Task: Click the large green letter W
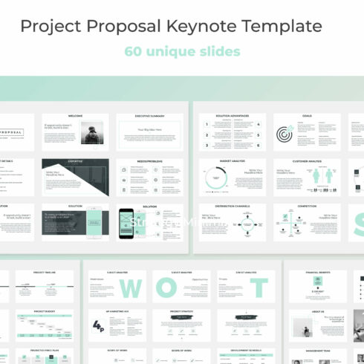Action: (x=131, y=287)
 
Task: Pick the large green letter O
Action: (x=195, y=287)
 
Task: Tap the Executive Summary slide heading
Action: (x=149, y=116)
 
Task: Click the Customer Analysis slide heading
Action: (x=306, y=161)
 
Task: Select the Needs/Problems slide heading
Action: (x=149, y=161)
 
